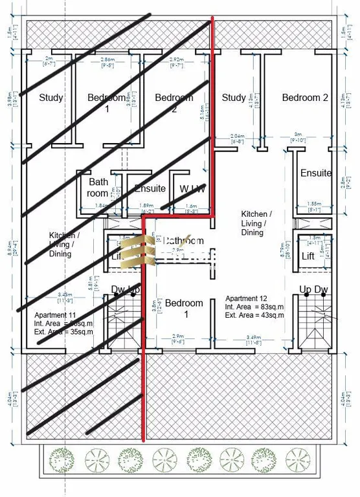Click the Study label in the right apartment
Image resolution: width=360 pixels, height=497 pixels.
point(234,98)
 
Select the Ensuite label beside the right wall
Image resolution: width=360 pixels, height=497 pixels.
point(316,173)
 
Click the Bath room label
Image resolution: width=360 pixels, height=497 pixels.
point(98,188)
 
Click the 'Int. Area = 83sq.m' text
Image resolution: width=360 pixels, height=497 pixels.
point(254,307)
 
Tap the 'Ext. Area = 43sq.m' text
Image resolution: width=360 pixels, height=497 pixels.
point(254,315)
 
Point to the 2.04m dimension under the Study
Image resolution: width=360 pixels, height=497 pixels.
point(238,137)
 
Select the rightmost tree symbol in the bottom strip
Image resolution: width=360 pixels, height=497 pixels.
point(297,460)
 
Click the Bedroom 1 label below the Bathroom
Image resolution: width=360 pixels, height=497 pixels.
point(184,309)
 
